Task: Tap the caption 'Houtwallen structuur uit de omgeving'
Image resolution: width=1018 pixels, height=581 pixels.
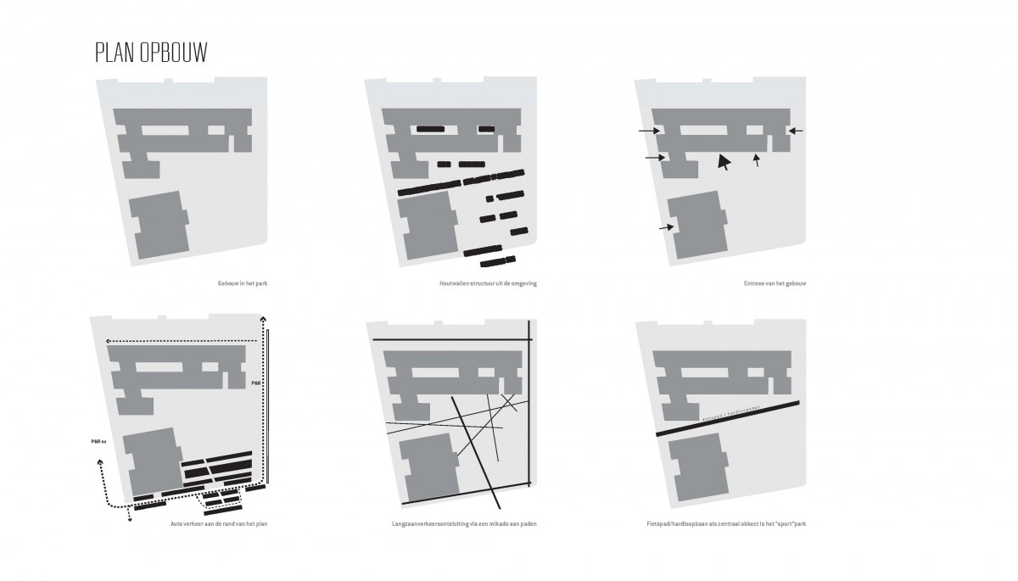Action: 485,282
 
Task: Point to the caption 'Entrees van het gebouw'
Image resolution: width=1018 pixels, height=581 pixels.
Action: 774,282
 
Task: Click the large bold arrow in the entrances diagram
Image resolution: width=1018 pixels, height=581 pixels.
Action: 723,161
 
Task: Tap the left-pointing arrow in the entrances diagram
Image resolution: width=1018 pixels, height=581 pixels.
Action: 795,131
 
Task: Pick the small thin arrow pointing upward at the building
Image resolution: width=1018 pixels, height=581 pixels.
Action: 757,159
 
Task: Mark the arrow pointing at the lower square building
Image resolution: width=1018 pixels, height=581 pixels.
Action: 666,227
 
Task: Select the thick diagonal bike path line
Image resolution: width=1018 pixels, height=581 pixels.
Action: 730,419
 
